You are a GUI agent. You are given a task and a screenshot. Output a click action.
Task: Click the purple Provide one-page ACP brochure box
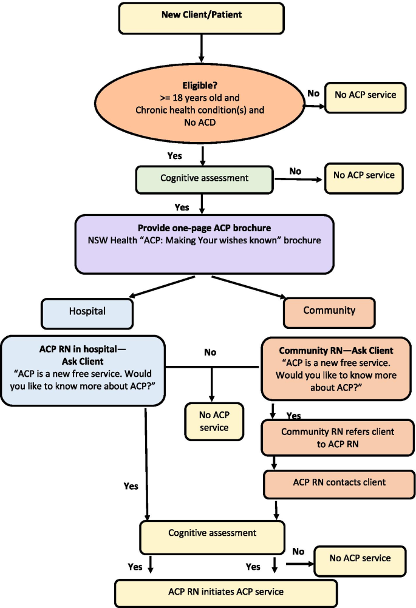pyautogui.click(x=205, y=243)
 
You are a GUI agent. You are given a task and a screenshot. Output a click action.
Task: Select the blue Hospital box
pyautogui.click(x=87, y=312)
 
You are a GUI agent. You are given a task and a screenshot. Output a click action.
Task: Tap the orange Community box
pyautogui.click(x=329, y=311)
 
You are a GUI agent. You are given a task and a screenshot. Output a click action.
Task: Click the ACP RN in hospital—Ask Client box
pyautogui.click(x=83, y=370)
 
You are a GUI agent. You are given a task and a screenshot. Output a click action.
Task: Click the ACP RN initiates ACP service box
pyautogui.click(x=225, y=592)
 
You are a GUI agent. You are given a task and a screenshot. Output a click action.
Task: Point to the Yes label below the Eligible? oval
pyautogui.click(x=175, y=156)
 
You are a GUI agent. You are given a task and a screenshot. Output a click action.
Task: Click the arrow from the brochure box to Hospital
pyautogui.click(x=163, y=285)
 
